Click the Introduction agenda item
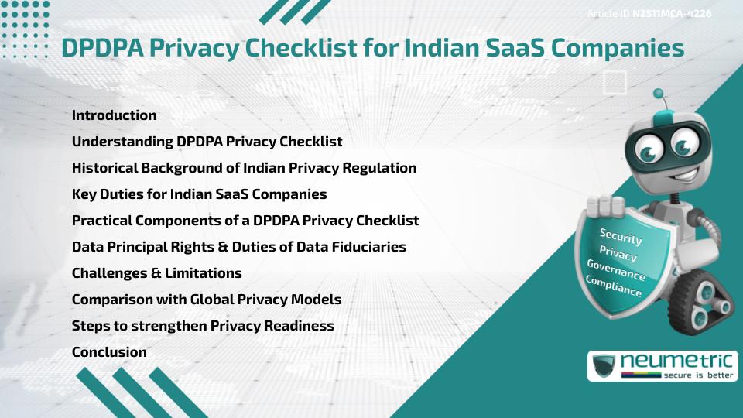(114, 115)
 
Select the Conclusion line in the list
(109, 352)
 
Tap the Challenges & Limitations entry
(156, 273)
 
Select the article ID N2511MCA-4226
(672, 13)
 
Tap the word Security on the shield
(621, 237)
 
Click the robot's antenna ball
(659, 94)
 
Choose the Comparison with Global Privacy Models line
(207, 300)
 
